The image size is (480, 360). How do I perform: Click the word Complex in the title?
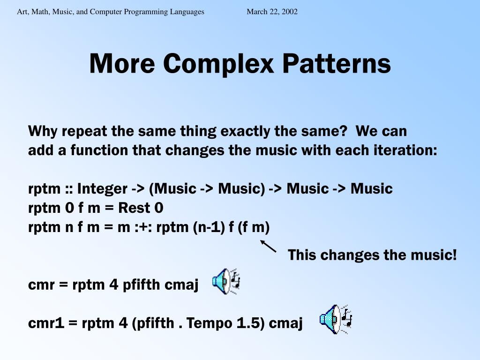(218, 64)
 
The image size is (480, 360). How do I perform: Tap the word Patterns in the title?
(337, 63)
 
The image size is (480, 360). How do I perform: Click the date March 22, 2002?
(272, 12)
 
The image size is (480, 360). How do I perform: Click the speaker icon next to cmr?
(226, 282)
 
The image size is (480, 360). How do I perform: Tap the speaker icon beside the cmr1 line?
(336, 319)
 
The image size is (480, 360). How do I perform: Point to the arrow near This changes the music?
(268, 246)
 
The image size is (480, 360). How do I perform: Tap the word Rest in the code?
(134, 208)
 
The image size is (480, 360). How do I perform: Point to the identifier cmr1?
(46, 323)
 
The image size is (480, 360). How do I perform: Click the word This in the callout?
(302, 255)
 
